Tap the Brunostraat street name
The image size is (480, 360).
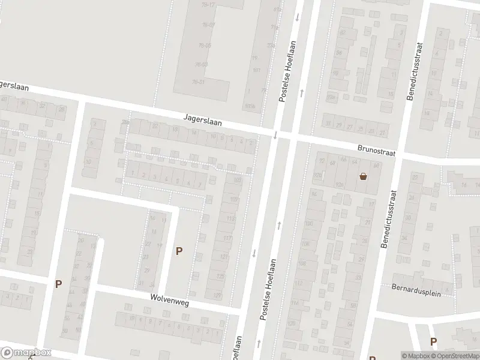tap(376, 153)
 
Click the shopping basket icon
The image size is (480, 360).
tap(363, 176)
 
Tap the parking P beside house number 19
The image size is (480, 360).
tap(178, 251)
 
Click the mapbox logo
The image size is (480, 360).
tap(26, 353)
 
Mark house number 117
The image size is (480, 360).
tap(227, 238)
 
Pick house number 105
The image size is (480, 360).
tap(234, 199)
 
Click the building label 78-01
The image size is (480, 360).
tap(199, 82)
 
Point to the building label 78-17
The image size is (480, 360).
tap(209, 5)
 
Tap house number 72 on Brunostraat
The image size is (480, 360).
tap(321, 161)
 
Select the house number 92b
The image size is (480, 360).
tap(340, 184)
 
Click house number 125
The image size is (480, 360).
tap(220, 277)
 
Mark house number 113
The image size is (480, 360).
tap(230, 219)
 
